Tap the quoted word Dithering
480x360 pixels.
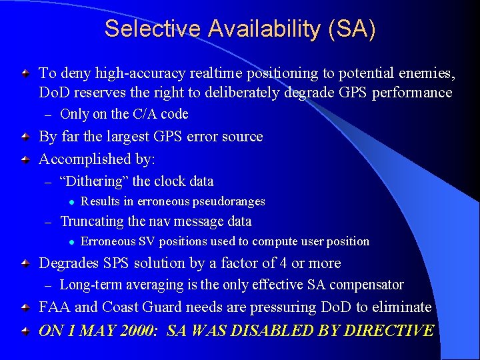point(94,181)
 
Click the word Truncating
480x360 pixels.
point(91,221)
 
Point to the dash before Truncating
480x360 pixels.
point(47,222)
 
